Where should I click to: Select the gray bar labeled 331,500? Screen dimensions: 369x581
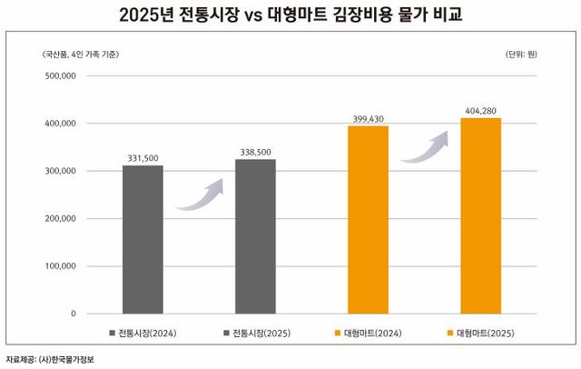click(143, 239)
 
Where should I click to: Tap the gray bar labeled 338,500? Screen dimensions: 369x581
click(255, 236)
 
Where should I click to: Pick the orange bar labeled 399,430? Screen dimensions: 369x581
click(369, 219)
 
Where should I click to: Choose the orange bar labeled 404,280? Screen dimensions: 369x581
click(480, 215)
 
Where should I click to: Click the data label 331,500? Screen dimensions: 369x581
click(143, 157)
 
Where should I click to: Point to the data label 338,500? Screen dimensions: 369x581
click(255, 152)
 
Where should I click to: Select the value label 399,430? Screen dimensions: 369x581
click(369, 118)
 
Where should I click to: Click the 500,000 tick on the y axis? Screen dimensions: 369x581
click(59, 75)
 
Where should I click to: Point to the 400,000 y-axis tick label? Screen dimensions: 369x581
click(59, 124)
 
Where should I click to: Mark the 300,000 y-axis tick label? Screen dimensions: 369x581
click(59, 171)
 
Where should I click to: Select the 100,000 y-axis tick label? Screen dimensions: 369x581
click(59, 266)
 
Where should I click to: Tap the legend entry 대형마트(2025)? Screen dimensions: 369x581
click(486, 333)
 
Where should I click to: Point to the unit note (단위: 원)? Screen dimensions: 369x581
click(520, 55)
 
